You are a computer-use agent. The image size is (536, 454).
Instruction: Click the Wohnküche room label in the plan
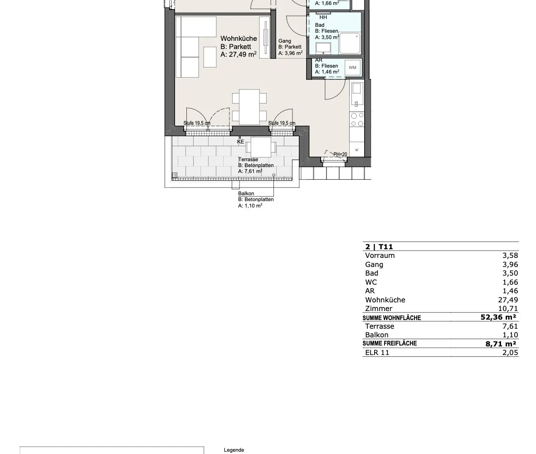pyautogui.click(x=239, y=39)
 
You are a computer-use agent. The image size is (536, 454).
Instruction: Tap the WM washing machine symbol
pyautogui.click(x=352, y=68)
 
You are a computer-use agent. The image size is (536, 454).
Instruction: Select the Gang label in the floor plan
pyautogui.click(x=285, y=41)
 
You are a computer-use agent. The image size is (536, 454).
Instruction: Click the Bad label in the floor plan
pyautogui.click(x=320, y=25)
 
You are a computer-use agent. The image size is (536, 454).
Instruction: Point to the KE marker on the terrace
pyautogui.click(x=241, y=142)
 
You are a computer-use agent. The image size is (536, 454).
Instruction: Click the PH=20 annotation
pyautogui.click(x=340, y=154)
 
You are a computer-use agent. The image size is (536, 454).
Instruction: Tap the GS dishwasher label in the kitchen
pyautogui.click(x=356, y=104)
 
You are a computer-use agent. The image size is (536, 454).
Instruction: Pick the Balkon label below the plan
pyautogui.click(x=246, y=193)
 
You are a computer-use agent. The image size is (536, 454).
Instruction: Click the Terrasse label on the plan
pyautogui.click(x=248, y=159)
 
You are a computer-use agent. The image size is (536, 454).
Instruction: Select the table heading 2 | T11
pyautogui.click(x=379, y=247)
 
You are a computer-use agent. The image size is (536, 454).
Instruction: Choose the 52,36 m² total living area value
pyautogui.click(x=498, y=317)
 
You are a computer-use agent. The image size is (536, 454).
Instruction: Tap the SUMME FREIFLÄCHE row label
pyautogui.click(x=390, y=343)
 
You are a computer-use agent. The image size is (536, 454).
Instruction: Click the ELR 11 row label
pyautogui.click(x=377, y=352)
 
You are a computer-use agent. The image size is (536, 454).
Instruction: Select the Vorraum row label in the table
pyautogui.click(x=380, y=256)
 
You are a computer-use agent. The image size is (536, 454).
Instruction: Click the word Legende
pyautogui.click(x=234, y=450)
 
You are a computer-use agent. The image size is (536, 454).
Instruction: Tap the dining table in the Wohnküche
pyautogui.click(x=249, y=107)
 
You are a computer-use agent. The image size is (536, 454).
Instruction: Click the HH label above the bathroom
pyautogui.click(x=323, y=17)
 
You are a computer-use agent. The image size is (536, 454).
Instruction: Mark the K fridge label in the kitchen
pyautogui.click(x=357, y=149)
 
